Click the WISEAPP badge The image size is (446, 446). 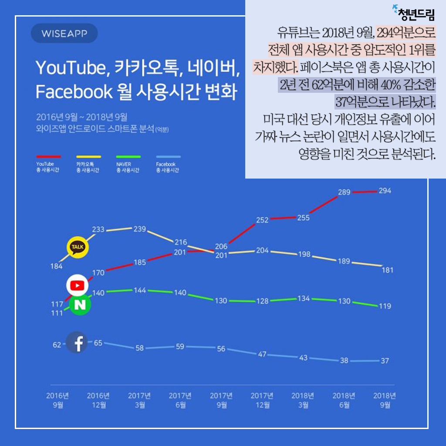(64, 34)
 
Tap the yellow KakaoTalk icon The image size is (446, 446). (78, 248)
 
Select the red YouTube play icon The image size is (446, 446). (77, 285)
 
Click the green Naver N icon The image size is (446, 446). (80, 305)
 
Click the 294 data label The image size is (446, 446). (385, 190)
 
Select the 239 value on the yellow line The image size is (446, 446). (139, 229)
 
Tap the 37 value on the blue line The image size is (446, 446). (384, 361)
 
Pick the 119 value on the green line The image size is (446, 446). (385, 306)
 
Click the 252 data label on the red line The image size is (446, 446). (262, 220)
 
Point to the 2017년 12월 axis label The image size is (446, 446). (262, 400)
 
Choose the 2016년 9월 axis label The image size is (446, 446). (57, 400)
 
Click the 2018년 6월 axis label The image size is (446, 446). (344, 400)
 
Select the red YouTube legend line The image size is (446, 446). (48, 156)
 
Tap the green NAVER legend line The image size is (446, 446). (128, 156)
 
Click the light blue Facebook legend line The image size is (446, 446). (168, 156)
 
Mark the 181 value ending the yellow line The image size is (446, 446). (387, 270)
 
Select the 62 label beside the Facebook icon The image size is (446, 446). (57, 345)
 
